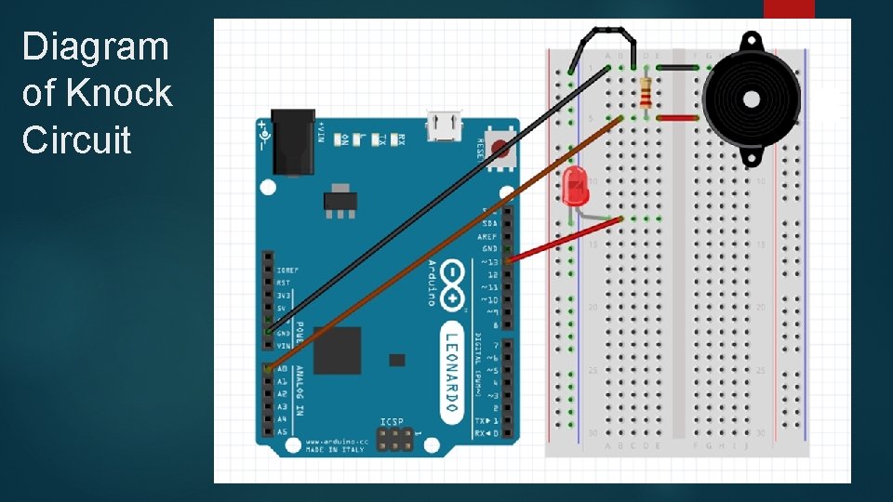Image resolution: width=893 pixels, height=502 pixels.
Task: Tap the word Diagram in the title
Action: [x=95, y=46]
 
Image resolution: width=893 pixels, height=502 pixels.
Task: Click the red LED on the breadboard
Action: [x=574, y=186]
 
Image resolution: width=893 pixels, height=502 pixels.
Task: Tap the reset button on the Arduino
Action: [x=501, y=148]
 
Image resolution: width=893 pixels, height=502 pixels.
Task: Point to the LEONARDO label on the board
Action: [x=451, y=371]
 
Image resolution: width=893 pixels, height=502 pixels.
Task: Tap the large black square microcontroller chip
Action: [x=338, y=350]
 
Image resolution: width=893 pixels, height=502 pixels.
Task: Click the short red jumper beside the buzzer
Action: [x=678, y=118]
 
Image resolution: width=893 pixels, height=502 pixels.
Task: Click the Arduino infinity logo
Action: [x=453, y=283]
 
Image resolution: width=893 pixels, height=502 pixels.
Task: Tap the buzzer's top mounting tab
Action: [x=751, y=42]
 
